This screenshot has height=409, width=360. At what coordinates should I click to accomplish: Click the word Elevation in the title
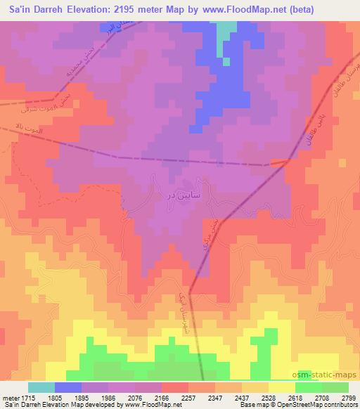86,9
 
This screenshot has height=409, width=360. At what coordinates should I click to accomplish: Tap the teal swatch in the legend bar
41,387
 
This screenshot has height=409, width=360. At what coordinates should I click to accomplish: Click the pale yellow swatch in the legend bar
282,387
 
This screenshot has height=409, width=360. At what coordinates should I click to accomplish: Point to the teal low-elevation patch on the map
226,35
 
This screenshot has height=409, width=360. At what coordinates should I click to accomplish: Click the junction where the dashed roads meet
287,161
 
